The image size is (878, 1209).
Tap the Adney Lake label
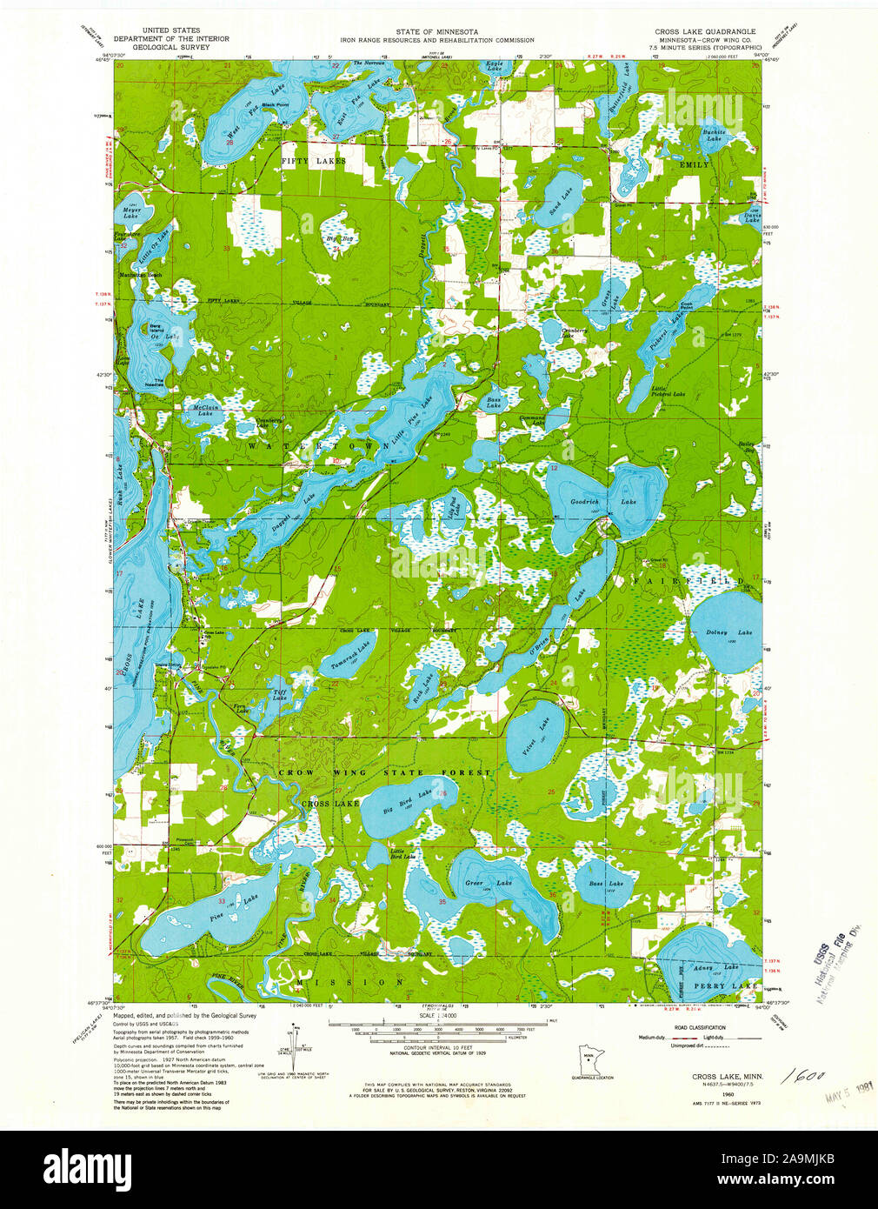coord(716,967)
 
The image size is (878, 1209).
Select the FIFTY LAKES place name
coord(313,162)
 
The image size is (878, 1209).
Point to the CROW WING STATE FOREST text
coord(384,772)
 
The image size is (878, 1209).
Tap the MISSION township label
coord(350,981)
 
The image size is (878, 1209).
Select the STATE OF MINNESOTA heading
coord(436,31)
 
